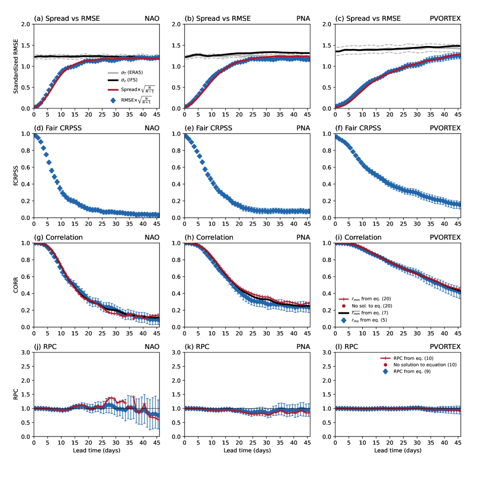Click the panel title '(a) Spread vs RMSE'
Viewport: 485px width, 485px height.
click(67, 19)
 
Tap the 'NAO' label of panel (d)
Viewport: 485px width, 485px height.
click(151, 128)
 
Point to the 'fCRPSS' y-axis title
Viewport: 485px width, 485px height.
click(16, 176)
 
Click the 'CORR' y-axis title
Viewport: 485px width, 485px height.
click(16, 285)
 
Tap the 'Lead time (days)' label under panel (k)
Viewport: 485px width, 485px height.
click(247, 450)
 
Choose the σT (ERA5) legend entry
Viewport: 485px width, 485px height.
click(131, 72)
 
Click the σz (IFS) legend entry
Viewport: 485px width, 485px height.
click(130, 80)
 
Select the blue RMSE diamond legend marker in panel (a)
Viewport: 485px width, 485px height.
click(113, 100)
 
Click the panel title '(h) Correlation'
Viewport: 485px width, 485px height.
click(209, 237)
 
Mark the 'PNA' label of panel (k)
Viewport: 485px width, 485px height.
click(303, 347)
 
